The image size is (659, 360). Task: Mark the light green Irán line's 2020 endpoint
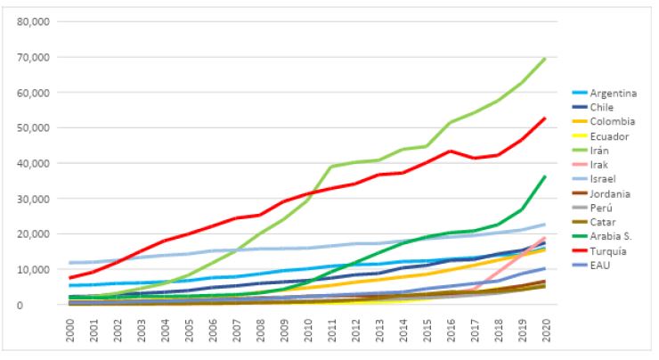(x=545, y=59)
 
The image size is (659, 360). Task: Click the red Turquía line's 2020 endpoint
(x=545, y=118)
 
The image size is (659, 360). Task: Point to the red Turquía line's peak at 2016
(x=451, y=151)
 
